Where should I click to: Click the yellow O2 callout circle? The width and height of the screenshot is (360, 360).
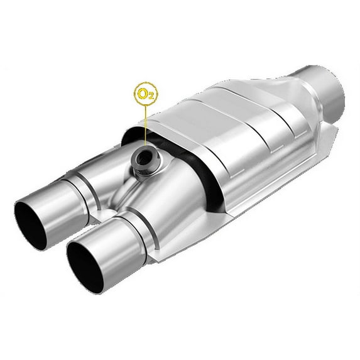click(x=145, y=94)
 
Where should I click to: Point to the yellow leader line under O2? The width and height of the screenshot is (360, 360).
click(x=145, y=126)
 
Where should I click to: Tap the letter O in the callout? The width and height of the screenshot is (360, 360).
click(x=142, y=94)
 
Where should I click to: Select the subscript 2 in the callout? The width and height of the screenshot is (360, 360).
click(x=150, y=97)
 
